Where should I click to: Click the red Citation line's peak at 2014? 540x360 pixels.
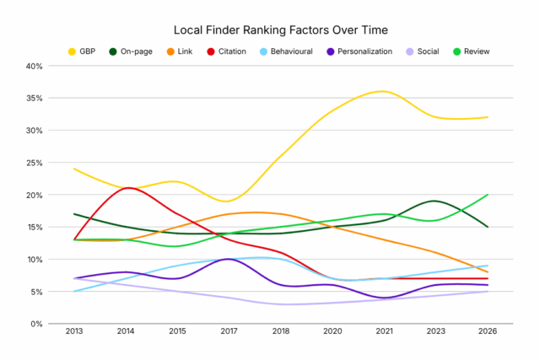pos(127,188)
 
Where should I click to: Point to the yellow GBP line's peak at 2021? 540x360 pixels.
pos(384,91)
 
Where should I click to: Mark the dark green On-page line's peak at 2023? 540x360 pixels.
pos(435,201)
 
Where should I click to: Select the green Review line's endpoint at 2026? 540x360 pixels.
pos(488,195)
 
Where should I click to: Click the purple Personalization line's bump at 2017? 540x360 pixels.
pos(229,259)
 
